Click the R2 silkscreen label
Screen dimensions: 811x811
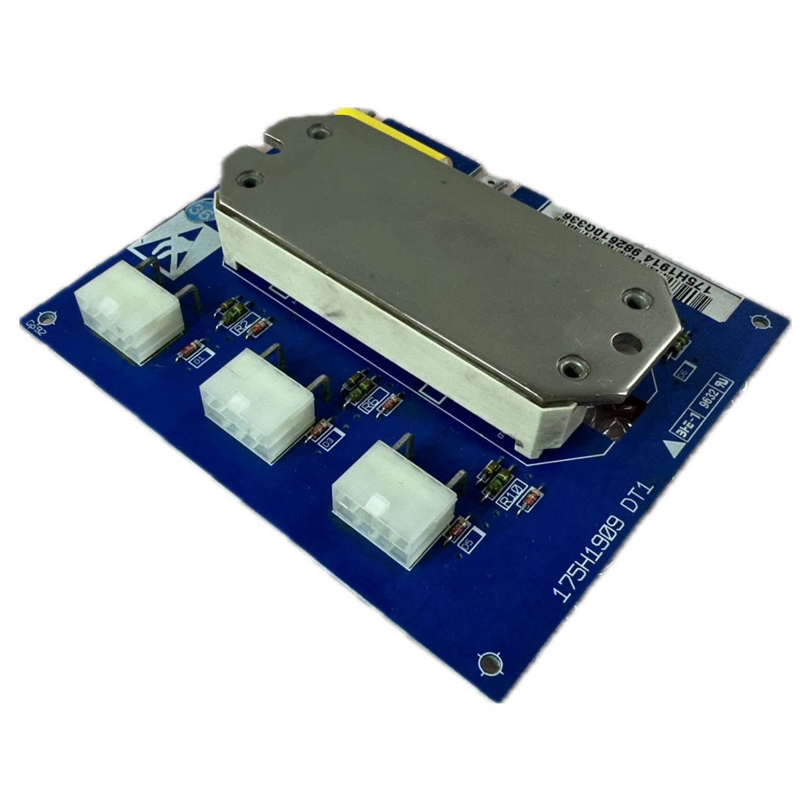point(241,328)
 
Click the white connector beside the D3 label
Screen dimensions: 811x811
point(257,404)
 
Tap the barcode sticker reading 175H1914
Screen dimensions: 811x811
point(644,257)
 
